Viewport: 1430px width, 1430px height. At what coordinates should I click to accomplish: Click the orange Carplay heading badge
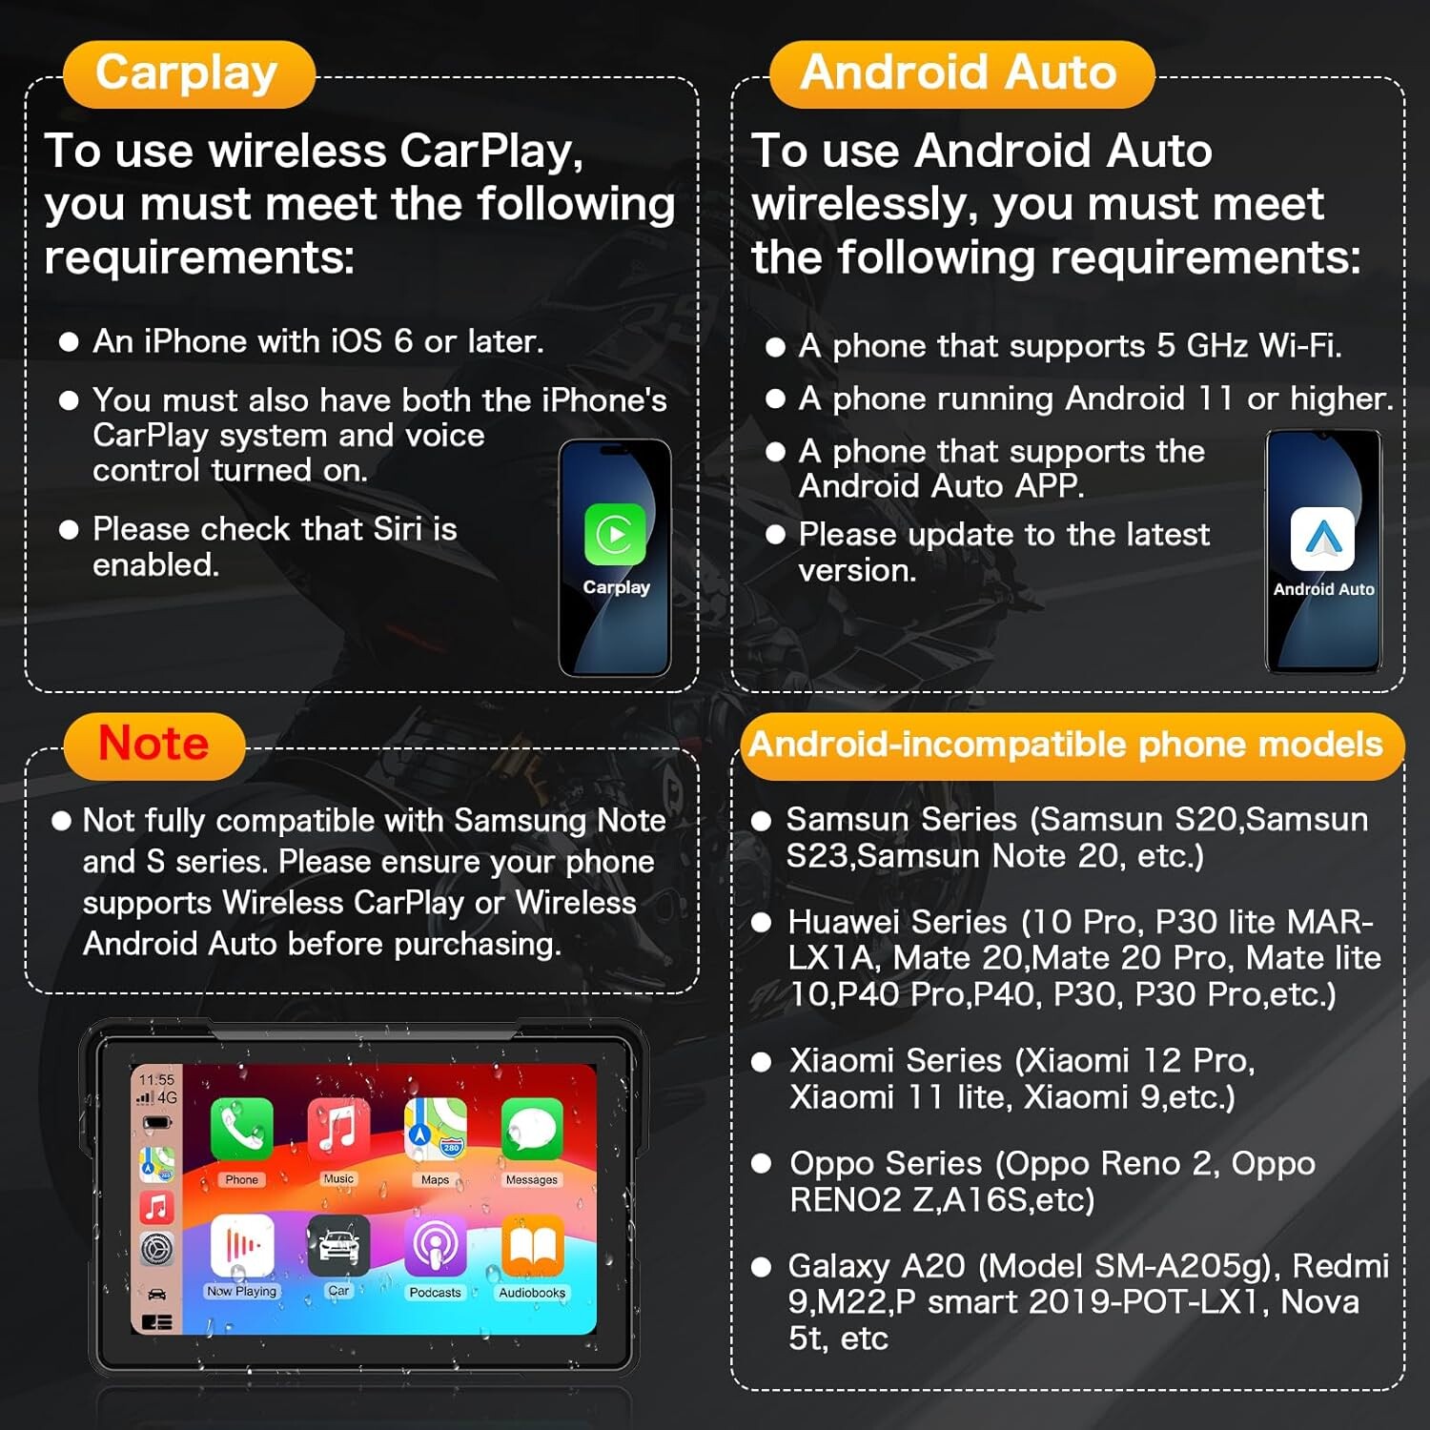coord(189,73)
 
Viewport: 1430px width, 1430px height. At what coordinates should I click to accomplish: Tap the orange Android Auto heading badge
coord(961,73)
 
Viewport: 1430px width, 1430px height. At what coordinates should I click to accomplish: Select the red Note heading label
coord(153,745)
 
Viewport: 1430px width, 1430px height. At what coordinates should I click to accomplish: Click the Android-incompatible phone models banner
coord(1072,746)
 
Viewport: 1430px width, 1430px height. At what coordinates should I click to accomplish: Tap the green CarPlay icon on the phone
coord(615,534)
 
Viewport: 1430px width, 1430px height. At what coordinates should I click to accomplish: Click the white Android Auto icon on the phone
coord(1322,539)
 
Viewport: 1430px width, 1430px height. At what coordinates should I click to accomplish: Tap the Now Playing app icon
coord(241,1245)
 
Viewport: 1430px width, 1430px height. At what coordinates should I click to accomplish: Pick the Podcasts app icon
coord(435,1245)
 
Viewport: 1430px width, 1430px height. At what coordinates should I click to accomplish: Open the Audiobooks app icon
coord(532,1245)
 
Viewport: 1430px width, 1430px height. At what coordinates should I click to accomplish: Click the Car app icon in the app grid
coord(338,1245)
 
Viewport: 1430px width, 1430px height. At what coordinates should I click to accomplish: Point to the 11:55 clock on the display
coord(156,1079)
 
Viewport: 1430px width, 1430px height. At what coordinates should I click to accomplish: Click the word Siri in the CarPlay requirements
coord(398,529)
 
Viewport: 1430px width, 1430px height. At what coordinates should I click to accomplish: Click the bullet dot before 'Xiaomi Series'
coord(761,1062)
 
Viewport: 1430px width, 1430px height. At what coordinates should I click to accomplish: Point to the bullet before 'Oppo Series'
coord(761,1164)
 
